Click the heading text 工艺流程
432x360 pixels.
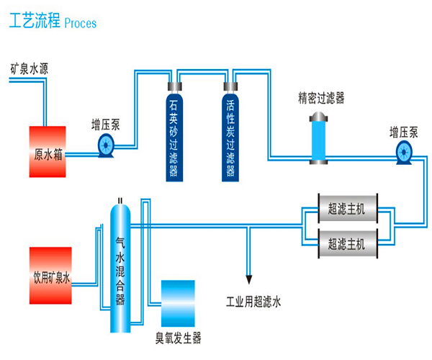35,22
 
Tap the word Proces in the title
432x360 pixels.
81,23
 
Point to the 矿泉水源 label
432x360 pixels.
29,70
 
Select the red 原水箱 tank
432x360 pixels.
47,152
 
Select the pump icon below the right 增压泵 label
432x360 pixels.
403,150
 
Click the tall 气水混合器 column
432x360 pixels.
120,266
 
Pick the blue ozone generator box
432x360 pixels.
177,302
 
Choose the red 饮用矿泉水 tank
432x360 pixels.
50,275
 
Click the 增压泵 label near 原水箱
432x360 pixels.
106,123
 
